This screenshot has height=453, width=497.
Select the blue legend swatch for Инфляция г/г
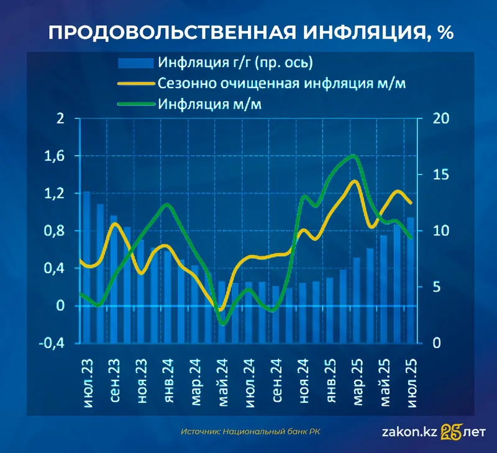pyautogui.click(x=135, y=62)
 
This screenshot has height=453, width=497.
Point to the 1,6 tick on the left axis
pyautogui.click(x=57, y=156)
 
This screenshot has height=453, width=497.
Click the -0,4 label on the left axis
pyautogui.click(x=53, y=343)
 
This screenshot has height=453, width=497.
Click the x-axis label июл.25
pyautogui.click(x=410, y=381)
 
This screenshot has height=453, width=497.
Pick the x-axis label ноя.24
pyautogui.click(x=303, y=381)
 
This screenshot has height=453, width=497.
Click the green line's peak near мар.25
pyautogui.click(x=353, y=156)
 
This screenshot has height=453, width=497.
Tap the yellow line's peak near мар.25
pyautogui.click(x=354, y=181)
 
